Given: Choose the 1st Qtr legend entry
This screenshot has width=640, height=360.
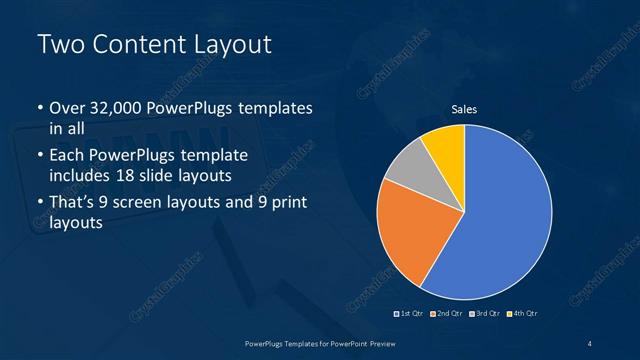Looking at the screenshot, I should [x=409, y=314].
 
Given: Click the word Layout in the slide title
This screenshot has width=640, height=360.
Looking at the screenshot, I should [x=227, y=45].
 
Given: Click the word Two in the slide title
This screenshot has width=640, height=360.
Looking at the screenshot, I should [x=58, y=45].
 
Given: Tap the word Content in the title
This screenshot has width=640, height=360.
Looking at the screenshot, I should [x=133, y=45].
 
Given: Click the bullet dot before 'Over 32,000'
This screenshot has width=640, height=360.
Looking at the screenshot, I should [x=39, y=108].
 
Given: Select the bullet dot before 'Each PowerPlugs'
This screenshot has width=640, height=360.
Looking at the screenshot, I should [x=39, y=156].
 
